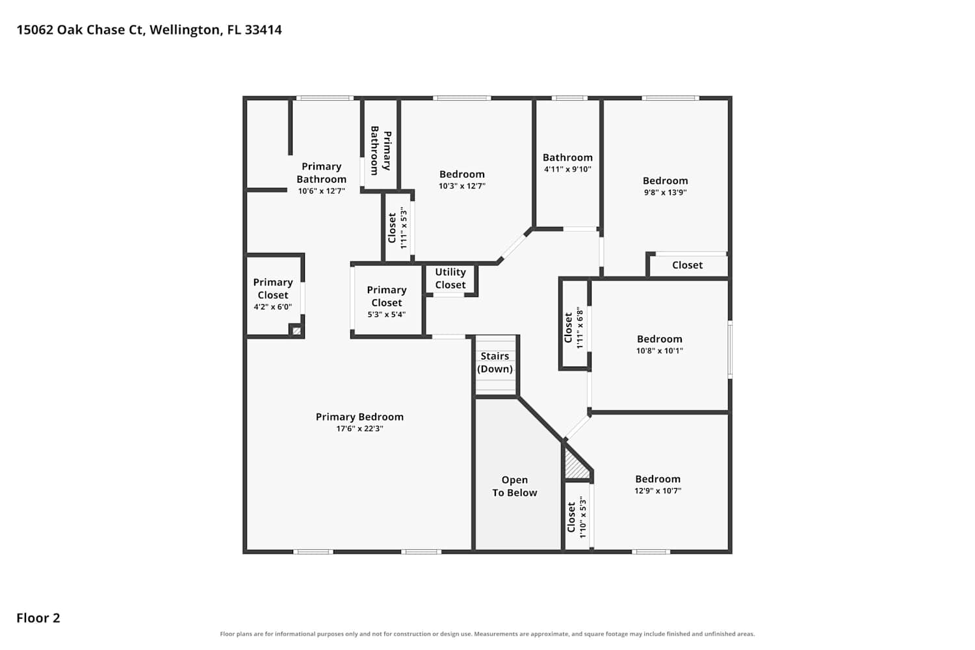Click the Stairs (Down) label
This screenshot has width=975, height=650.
pyautogui.click(x=495, y=362)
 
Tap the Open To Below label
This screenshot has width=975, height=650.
pyautogui.click(x=515, y=486)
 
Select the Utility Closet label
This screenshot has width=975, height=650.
pyautogui.click(x=450, y=278)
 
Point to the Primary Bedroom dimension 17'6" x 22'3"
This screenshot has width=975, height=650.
pyautogui.click(x=359, y=428)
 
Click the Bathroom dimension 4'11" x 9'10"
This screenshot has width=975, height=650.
pyautogui.click(x=567, y=170)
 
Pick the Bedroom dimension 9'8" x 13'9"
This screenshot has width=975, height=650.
pyautogui.click(x=665, y=192)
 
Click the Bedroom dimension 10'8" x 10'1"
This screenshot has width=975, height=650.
pyautogui.click(x=660, y=351)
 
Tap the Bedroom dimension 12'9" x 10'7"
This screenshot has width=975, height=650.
pyautogui.click(x=658, y=491)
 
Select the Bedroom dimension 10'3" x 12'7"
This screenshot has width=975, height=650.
pyautogui.click(x=461, y=186)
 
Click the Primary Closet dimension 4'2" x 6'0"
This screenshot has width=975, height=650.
pyautogui.click(x=273, y=307)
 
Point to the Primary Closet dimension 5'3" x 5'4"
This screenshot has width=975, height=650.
pyautogui.click(x=387, y=315)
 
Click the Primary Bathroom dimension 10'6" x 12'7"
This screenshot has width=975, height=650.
pyautogui.click(x=321, y=191)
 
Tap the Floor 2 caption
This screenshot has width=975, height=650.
pyautogui.click(x=38, y=617)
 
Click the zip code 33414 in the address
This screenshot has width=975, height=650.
pyautogui.click(x=263, y=30)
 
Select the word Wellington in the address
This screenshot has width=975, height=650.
pyautogui.click(x=186, y=31)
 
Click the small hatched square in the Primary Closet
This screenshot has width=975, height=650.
pyautogui.click(x=296, y=331)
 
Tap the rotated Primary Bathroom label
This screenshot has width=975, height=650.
pyautogui.click(x=381, y=151)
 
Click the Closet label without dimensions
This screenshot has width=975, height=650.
pyautogui.click(x=687, y=265)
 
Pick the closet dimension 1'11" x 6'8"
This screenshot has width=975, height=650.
pyautogui.click(x=579, y=328)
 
